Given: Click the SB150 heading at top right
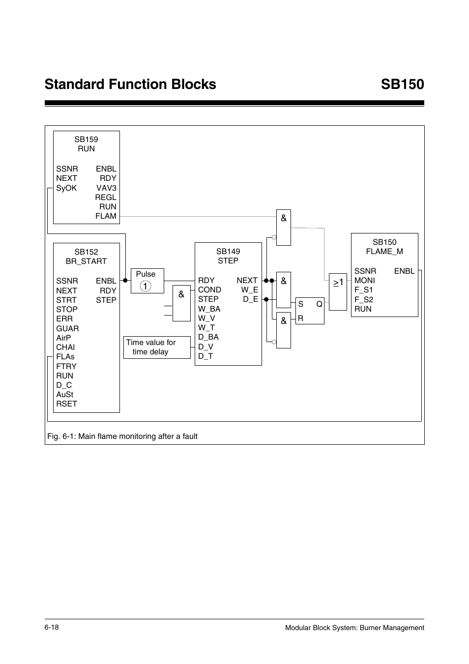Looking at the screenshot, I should [402, 85].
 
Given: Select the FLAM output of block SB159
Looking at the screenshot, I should [106, 216].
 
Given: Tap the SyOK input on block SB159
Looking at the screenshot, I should [66, 188].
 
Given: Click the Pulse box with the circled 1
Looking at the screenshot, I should [147, 281].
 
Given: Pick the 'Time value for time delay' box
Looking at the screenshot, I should [156, 347].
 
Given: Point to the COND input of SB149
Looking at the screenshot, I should [209, 290].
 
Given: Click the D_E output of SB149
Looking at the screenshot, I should [250, 299].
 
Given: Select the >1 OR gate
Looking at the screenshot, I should [338, 291].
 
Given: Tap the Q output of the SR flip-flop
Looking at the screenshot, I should [319, 304].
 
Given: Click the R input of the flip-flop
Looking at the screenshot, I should [300, 318].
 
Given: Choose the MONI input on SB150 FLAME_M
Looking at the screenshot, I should [364, 281].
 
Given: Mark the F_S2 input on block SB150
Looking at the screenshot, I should [364, 299].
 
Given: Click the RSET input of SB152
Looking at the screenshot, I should [66, 404].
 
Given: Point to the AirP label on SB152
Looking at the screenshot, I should [63, 338].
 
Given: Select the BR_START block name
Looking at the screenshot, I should [86, 261].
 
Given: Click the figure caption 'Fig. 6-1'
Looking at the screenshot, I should [122, 436].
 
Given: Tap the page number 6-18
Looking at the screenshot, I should [52, 628].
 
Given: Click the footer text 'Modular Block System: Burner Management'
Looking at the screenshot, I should [354, 628].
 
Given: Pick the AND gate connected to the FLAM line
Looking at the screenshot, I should [284, 228].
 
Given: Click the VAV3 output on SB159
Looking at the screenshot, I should [106, 188].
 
